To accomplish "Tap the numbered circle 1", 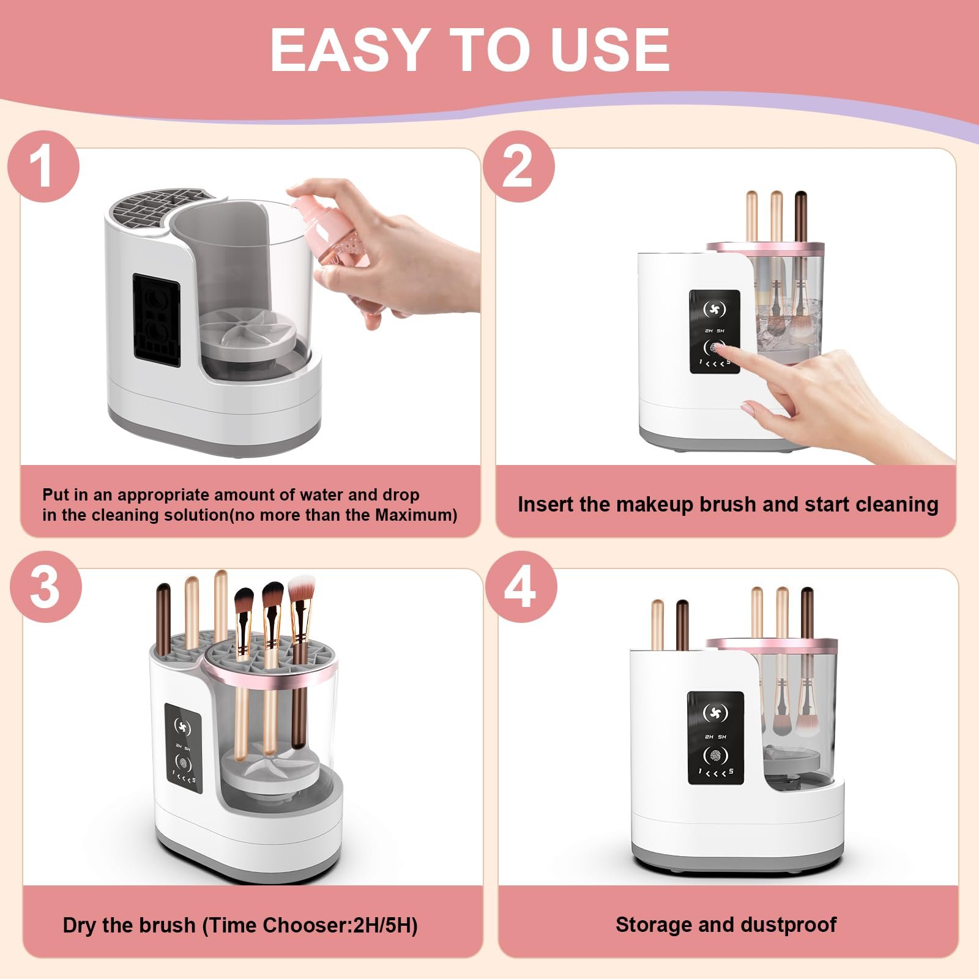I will (43, 166).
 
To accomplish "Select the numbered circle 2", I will (518, 166).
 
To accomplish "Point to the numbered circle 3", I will (45, 587).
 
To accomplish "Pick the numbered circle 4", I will (520, 587).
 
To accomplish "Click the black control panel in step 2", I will (714, 331).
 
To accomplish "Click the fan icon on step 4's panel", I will (715, 713).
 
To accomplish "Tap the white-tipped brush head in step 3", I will (300, 589).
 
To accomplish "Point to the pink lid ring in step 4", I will (771, 644).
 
